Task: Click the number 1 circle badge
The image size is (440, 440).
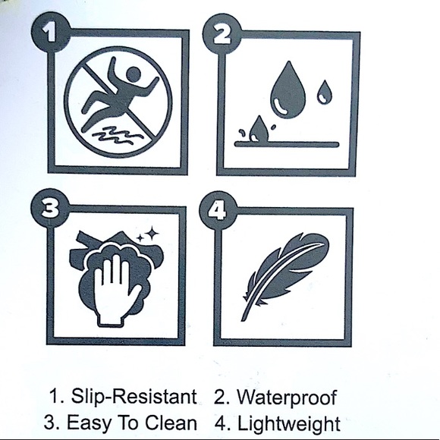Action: coord(51,32)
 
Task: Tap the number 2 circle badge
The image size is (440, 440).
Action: coord(222,33)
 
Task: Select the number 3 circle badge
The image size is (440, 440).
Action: coord(49,209)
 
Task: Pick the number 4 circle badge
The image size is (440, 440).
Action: coord(218,211)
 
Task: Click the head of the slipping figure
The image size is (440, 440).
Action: coord(134,74)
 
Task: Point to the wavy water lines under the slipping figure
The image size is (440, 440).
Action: coord(118,135)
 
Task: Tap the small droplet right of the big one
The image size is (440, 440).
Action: coord(325,92)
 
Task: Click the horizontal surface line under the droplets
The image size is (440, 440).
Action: coord(287,145)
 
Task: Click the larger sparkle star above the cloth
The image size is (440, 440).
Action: coord(152,233)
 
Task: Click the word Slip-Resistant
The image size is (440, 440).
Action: coord(134,397)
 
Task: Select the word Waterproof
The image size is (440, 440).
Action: coord(287,398)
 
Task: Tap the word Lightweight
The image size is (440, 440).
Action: coord(289,423)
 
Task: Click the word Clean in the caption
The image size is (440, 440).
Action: coord(171,422)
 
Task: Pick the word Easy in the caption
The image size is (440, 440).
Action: coord(88,423)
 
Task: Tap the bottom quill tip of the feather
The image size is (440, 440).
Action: coord(243,319)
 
